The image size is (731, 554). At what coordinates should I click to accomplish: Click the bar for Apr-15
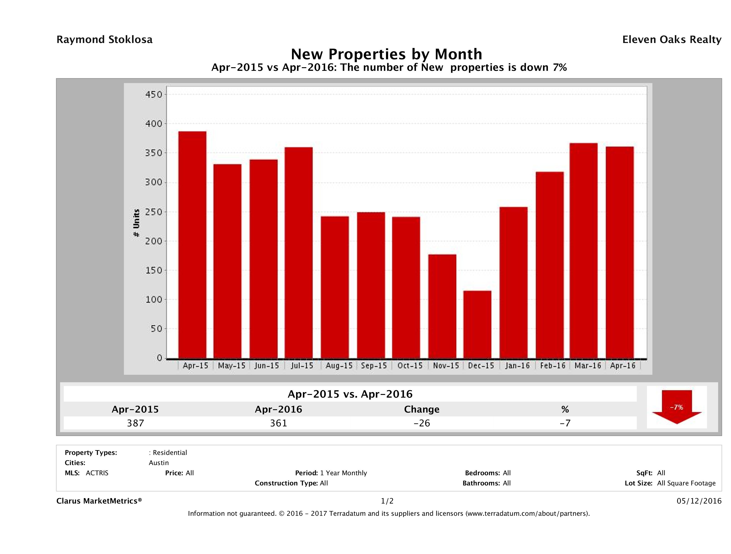[x=192, y=245]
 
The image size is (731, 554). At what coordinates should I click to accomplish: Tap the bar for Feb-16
[x=550, y=265]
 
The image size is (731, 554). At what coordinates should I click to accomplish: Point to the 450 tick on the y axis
[x=154, y=95]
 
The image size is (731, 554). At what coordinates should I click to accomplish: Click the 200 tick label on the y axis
[x=154, y=241]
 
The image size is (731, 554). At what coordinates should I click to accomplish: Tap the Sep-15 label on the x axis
[x=374, y=365]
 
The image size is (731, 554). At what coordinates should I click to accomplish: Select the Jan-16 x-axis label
[x=517, y=365]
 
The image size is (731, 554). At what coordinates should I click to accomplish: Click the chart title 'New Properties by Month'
[x=386, y=54]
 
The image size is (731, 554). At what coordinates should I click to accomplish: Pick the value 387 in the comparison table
[x=135, y=423]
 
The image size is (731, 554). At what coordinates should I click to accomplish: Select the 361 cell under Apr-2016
[x=279, y=423]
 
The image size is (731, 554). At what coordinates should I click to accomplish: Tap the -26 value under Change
[x=422, y=423]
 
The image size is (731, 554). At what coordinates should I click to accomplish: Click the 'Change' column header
[x=422, y=409]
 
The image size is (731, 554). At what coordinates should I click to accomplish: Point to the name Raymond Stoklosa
[x=104, y=40]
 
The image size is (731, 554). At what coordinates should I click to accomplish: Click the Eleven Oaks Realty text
[x=671, y=40]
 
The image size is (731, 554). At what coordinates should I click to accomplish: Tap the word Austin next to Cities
[x=159, y=463]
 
